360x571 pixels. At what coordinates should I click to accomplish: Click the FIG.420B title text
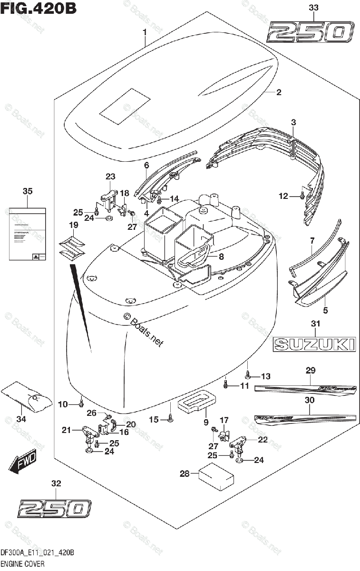[38, 8]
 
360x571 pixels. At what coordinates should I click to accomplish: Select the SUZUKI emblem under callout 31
[314, 343]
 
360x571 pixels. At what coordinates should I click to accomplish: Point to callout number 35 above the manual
[28, 192]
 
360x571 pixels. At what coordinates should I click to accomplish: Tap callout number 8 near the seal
[221, 256]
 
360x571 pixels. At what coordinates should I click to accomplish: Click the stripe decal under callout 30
[304, 417]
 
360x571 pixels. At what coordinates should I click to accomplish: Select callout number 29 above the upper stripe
[311, 371]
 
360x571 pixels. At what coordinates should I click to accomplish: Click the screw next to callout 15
[170, 419]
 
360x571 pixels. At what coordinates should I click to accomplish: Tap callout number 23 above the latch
[110, 177]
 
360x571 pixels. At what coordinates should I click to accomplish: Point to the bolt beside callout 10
[81, 404]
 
